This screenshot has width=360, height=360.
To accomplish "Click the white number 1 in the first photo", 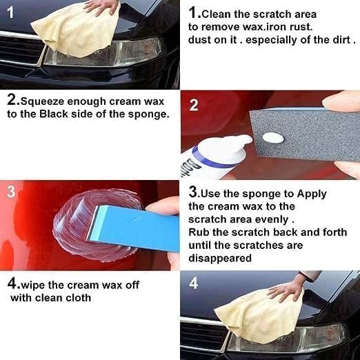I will [x=10, y=12].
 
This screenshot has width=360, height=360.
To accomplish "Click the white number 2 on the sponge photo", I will [x=193, y=106].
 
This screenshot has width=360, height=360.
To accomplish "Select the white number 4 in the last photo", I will [x=193, y=283].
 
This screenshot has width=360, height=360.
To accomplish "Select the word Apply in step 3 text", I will [x=310, y=194].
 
